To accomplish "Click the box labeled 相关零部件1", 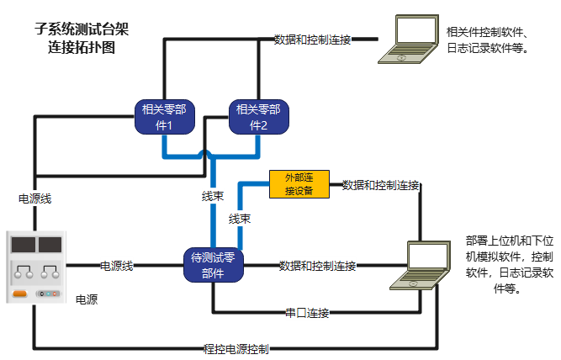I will [164, 117].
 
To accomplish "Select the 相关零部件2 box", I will [258, 117].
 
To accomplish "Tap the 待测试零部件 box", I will [213, 265].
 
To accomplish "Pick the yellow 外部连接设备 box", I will [299, 183].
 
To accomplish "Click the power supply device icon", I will [35, 267].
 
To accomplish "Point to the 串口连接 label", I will [306, 314].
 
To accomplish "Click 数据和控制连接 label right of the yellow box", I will [381, 185].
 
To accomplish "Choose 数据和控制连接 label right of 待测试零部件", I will [317, 266].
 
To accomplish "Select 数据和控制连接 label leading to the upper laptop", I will [313, 40].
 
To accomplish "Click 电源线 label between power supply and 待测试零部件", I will [117, 266].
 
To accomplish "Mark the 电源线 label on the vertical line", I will [35, 199].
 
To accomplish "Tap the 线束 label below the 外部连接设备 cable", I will [240, 219].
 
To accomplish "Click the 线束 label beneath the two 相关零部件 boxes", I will [212, 197].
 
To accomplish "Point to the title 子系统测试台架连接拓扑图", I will [82, 38].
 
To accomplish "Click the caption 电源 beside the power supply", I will [86, 299].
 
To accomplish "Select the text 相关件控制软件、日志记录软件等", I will [489, 40].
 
